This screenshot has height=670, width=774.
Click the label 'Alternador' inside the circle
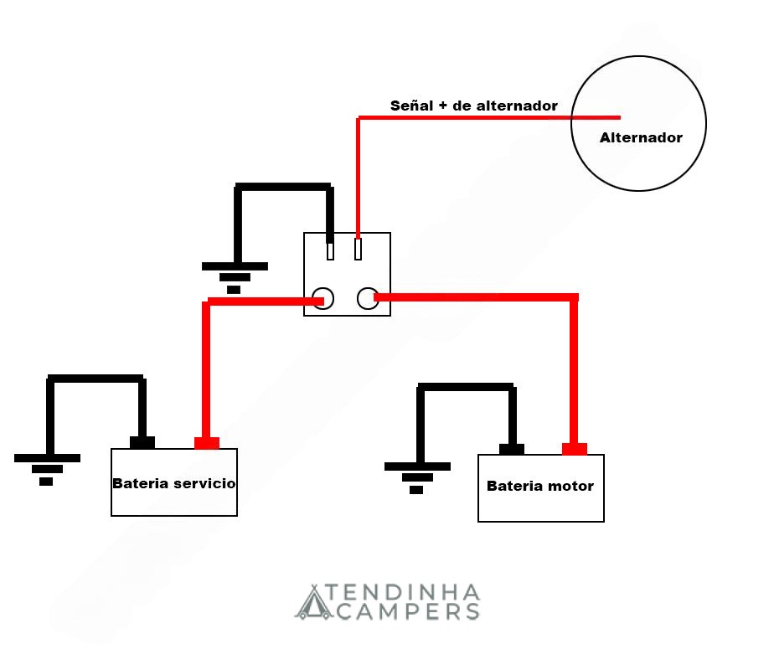[x=641, y=137]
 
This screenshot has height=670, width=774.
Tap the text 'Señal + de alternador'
[x=474, y=106]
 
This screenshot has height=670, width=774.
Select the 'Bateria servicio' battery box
[x=174, y=482]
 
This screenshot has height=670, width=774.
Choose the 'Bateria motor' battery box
[x=541, y=488]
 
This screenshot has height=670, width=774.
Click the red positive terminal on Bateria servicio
[x=207, y=443]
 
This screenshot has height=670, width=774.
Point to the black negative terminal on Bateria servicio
[x=142, y=442]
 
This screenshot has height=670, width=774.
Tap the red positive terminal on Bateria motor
[x=575, y=449]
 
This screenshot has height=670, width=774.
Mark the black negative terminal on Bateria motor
[x=511, y=449]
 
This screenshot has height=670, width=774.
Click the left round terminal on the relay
[x=322, y=298]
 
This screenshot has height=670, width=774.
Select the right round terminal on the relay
[x=368, y=298]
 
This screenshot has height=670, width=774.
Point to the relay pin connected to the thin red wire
[x=358, y=249]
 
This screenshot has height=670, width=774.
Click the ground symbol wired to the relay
[x=235, y=278]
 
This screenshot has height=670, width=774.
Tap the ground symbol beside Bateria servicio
[x=47, y=470]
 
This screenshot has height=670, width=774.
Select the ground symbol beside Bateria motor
[x=417, y=478]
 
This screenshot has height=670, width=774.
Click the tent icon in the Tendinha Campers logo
[x=313, y=602]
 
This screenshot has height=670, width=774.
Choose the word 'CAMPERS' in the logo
[x=408, y=611]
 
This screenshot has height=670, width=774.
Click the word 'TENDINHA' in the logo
[x=402, y=592]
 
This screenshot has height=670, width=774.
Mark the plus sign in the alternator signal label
[x=443, y=106]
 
